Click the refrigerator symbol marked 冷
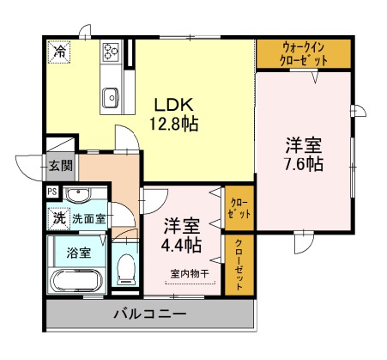click(x=59, y=52)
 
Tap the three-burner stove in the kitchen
click(x=111, y=51)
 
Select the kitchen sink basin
click(x=111, y=98)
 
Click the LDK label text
click(x=174, y=105)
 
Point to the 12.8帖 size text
click(x=174, y=124)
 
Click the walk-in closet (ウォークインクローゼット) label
click(x=304, y=54)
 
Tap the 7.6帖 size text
click(x=304, y=164)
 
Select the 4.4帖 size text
click(x=181, y=245)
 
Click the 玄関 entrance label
click(x=61, y=166)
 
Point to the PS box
click(x=52, y=192)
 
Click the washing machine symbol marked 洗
click(x=59, y=219)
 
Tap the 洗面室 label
click(x=88, y=219)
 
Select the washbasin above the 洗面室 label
click(x=78, y=195)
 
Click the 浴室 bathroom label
click(x=79, y=253)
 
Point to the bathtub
click(x=77, y=281)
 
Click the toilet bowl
click(x=126, y=269)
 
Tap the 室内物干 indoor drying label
click(x=190, y=273)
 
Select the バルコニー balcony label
click(x=150, y=314)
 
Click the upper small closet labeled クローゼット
click(x=239, y=208)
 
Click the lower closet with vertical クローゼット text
click(x=239, y=265)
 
